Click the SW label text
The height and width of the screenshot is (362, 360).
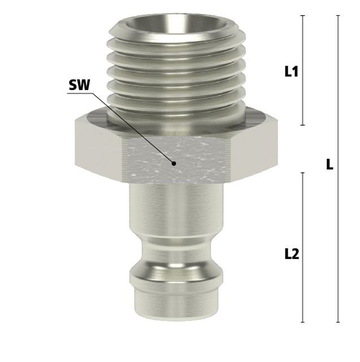[x=79, y=85]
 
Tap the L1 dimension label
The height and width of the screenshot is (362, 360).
[x=292, y=71]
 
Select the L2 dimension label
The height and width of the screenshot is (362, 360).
[x=292, y=254]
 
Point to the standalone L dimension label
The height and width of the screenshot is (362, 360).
[x=330, y=165]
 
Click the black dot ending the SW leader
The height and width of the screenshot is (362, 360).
[x=174, y=163]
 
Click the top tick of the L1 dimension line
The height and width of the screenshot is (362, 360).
[x=303, y=15]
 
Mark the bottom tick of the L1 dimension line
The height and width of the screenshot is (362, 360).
[x=303, y=125]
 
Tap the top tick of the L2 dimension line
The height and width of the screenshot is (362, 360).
[x=303, y=173]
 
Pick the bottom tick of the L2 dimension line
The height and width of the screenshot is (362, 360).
[x=303, y=322]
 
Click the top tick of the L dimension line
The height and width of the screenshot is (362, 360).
[x=338, y=15]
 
